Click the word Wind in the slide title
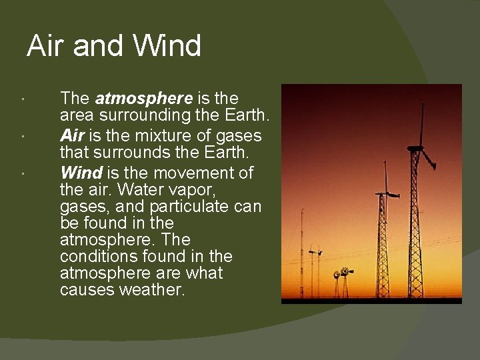pyautogui.click(x=167, y=47)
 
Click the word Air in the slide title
pyautogui.click(x=46, y=47)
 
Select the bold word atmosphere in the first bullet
pyautogui.click(x=144, y=99)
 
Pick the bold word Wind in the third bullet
pyautogui.click(x=81, y=173)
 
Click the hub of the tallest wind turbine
pyautogui.click(x=418, y=147)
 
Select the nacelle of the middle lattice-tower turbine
pyautogui.click(x=385, y=194)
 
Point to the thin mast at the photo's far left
pyautogui.click(x=301, y=253)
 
